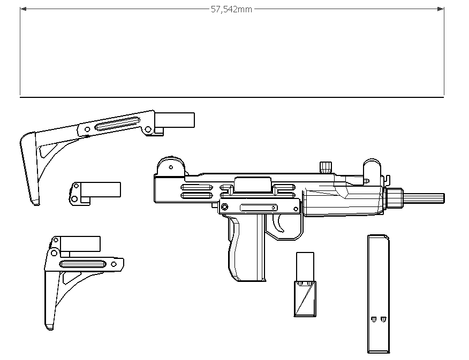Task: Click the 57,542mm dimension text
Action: pyautogui.click(x=231, y=9)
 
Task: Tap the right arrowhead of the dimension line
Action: pyautogui.click(x=440, y=9)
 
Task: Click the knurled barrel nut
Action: pyautogui.click(x=394, y=198)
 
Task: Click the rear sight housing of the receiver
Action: pyautogui.click(x=170, y=166)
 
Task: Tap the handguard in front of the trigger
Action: pyautogui.click(x=343, y=201)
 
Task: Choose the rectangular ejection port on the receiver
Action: pyautogui.click(x=253, y=185)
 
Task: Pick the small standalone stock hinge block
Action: pyautogui.click(x=94, y=193)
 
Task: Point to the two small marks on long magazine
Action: pyautogui.click(x=378, y=319)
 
